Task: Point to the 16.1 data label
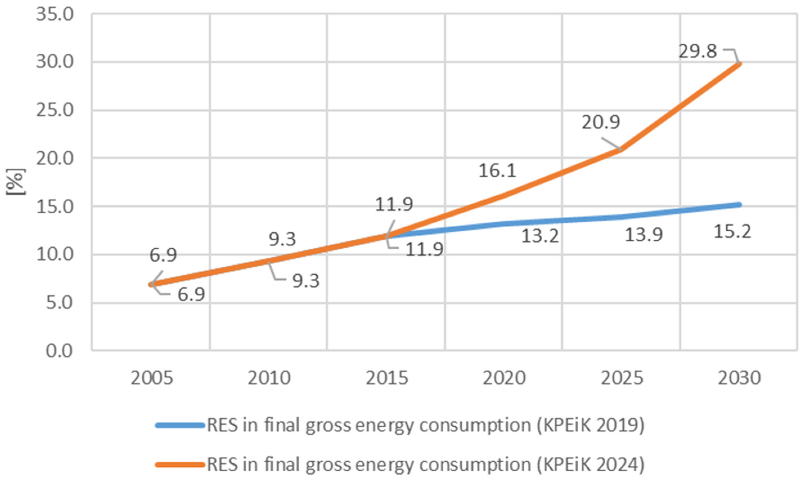click(497, 171)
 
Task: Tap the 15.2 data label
click(732, 232)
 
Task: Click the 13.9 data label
click(643, 235)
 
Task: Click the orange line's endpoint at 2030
click(739, 64)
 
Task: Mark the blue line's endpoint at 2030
click(739, 205)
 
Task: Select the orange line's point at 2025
click(621, 149)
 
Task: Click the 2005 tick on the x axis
click(152, 378)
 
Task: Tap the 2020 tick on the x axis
click(504, 378)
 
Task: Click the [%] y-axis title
click(15, 182)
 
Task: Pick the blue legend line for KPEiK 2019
click(180, 426)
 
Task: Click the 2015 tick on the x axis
click(387, 378)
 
